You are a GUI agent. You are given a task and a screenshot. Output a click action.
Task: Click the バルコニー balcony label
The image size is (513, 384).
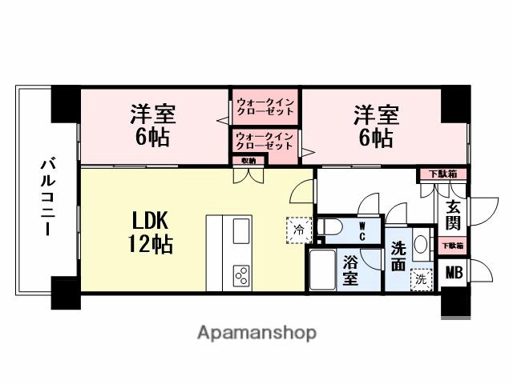[47, 197]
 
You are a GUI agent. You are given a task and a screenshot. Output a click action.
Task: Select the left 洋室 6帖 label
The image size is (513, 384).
[152, 125]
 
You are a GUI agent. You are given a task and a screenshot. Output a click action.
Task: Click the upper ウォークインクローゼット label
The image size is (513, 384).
[265, 106]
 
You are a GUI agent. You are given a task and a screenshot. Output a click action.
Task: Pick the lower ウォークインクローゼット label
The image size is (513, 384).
[265, 142]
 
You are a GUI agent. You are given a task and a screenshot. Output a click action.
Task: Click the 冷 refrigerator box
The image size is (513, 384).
[297, 229]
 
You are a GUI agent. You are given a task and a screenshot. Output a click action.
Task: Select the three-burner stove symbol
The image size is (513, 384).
[241, 274]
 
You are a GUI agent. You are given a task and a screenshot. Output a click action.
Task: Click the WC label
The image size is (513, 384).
[362, 231]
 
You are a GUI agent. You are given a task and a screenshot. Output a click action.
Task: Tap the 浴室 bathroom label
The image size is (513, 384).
[350, 270]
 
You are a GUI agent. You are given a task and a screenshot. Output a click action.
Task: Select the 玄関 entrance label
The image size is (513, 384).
[453, 214]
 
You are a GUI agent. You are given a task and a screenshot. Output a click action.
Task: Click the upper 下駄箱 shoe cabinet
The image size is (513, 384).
[437, 174]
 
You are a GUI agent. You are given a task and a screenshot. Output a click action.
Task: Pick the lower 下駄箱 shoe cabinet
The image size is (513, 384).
[453, 246]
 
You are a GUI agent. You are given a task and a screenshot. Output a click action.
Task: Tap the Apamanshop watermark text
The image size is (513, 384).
[256, 332]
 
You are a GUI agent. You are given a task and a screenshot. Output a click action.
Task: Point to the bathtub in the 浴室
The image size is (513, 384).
[322, 271]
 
